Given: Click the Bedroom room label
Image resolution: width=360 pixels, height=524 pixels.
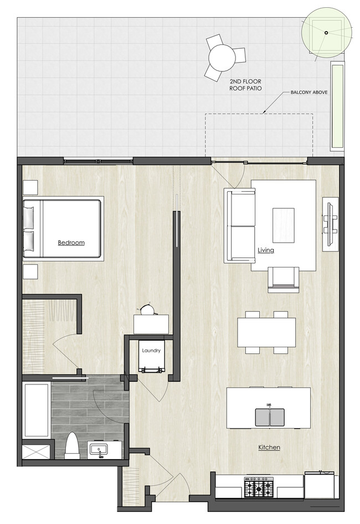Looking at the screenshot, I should [x=71, y=243].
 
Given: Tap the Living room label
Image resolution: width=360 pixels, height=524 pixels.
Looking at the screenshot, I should [x=266, y=250].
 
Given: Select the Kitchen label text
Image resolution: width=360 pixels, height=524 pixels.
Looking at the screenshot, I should [x=269, y=447].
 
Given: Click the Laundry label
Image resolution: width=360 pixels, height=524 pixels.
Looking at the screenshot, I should [x=151, y=351].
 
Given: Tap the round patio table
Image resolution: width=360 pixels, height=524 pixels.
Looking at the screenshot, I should [x=222, y=56].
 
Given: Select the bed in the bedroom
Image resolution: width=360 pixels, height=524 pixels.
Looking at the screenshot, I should [x=62, y=228].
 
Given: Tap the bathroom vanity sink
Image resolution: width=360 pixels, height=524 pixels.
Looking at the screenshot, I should [x=101, y=449].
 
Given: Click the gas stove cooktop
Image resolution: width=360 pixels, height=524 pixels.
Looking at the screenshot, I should [x=259, y=488].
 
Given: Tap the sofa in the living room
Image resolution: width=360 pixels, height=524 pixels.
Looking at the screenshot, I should [x=239, y=225].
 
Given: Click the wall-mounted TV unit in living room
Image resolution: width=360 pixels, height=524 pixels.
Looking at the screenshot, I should [x=330, y=224].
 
